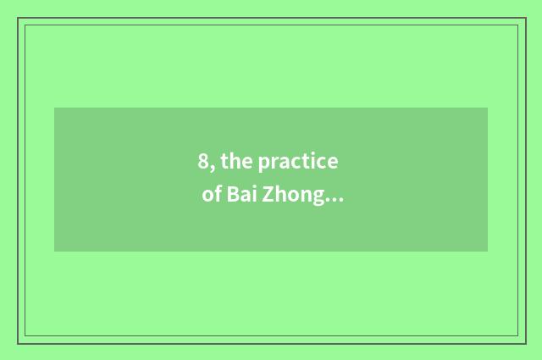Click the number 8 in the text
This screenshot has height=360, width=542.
click(x=204, y=162)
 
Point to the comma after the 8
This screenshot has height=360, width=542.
click(x=213, y=168)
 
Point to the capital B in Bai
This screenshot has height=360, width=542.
click(x=231, y=196)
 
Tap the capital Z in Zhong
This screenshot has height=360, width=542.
click(x=269, y=196)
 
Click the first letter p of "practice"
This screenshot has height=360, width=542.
click(x=264, y=163)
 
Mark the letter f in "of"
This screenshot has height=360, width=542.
click(x=217, y=195)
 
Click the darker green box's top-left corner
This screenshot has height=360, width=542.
click(x=55, y=108)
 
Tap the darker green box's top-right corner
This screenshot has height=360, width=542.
click(x=487, y=108)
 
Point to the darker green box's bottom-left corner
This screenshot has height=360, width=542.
click(x=55, y=251)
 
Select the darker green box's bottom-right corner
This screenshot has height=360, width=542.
click(x=487, y=251)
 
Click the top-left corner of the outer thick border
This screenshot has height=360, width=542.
click(x=18, y=18)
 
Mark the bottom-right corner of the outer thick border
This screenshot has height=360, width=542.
click(x=526, y=343)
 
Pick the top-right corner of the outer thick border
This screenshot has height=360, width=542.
click(x=526, y=18)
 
